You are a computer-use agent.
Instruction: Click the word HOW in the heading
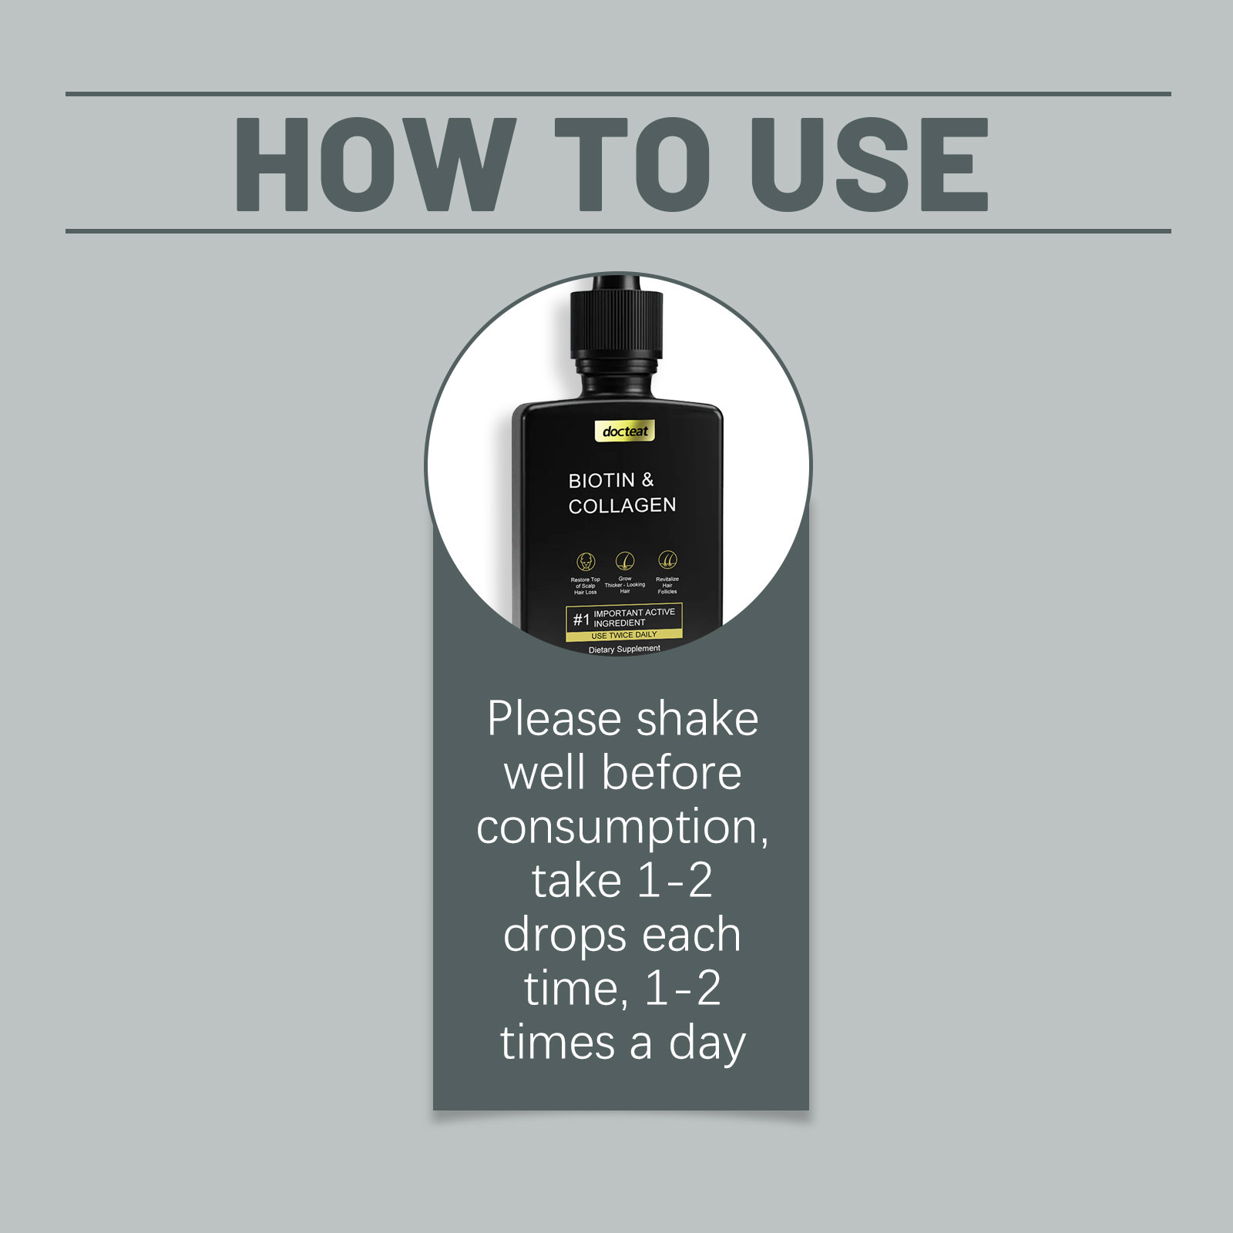[x=375, y=164]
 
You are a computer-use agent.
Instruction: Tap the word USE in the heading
[x=869, y=164]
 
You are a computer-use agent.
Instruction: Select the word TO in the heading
[x=633, y=164]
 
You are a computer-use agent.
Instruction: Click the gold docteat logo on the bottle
[x=625, y=432]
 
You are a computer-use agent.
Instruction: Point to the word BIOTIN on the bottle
[x=602, y=481]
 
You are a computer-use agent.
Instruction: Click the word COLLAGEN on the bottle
[x=623, y=506]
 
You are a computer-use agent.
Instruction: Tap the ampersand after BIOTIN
[x=647, y=480]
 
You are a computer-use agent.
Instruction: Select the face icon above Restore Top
[x=586, y=561]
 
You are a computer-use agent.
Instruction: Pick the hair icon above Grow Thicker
[x=625, y=560]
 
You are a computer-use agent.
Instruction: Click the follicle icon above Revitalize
[x=667, y=560]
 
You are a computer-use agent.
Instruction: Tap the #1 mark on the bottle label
[x=581, y=620]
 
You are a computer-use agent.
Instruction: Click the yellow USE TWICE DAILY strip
[x=624, y=635]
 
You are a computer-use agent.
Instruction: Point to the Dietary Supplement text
[x=625, y=650]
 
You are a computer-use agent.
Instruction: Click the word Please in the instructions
[x=554, y=720]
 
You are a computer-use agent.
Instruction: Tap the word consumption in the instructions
[x=623, y=828]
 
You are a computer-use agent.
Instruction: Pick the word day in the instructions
[x=707, y=1044]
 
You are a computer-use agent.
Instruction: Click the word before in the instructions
[x=672, y=773]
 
